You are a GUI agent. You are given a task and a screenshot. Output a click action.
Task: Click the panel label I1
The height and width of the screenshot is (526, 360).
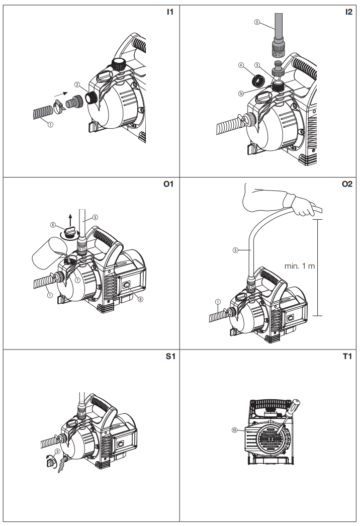click(x=169, y=12)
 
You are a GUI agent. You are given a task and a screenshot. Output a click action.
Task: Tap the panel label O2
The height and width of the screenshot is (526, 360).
click(x=347, y=185)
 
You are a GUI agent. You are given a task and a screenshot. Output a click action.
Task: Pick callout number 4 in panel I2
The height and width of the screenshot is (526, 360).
click(x=241, y=65)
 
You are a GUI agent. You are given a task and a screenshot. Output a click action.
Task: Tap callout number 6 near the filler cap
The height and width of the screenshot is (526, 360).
click(x=53, y=225)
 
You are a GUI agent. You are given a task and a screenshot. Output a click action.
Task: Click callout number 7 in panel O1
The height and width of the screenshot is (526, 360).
click(x=77, y=280)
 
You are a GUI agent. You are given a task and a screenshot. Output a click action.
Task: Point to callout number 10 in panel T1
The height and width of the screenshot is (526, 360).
click(x=234, y=430)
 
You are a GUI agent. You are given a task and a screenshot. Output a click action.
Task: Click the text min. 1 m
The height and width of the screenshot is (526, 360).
click(x=300, y=266)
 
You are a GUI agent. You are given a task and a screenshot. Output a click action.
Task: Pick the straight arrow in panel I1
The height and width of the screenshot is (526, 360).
click(x=60, y=94)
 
